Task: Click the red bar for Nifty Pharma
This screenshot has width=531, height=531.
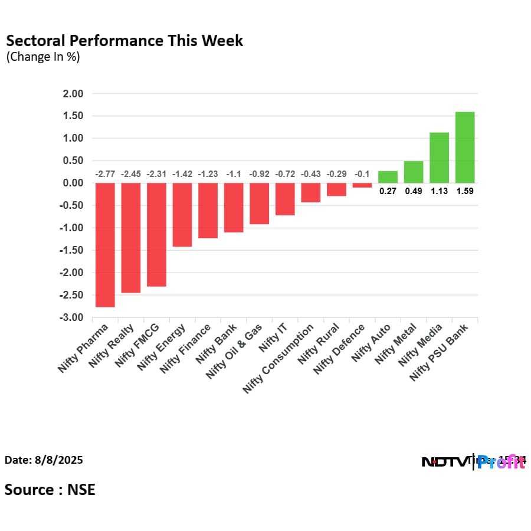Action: [x=105, y=245]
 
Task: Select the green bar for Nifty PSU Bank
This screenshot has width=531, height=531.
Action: [x=465, y=147]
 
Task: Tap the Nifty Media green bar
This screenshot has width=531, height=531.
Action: [x=439, y=158]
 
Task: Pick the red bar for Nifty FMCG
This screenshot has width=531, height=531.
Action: [x=156, y=235]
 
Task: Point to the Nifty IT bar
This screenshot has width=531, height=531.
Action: [x=285, y=199]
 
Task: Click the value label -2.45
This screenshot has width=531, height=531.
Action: [x=130, y=174]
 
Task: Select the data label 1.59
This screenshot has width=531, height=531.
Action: [x=465, y=191]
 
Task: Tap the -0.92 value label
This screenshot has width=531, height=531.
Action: [x=259, y=174]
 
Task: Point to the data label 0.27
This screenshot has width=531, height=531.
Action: [x=388, y=191]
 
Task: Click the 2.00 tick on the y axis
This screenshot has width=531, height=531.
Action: [x=73, y=94]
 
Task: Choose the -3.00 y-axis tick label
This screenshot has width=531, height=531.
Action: [x=72, y=318]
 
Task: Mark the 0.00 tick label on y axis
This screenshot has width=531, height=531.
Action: [x=73, y=183]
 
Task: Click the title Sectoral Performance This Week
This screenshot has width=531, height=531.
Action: [x=124, y=41]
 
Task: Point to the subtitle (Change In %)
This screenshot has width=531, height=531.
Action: [x=43, y=57]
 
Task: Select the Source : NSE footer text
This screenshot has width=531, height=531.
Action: [x=50, y=490]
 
